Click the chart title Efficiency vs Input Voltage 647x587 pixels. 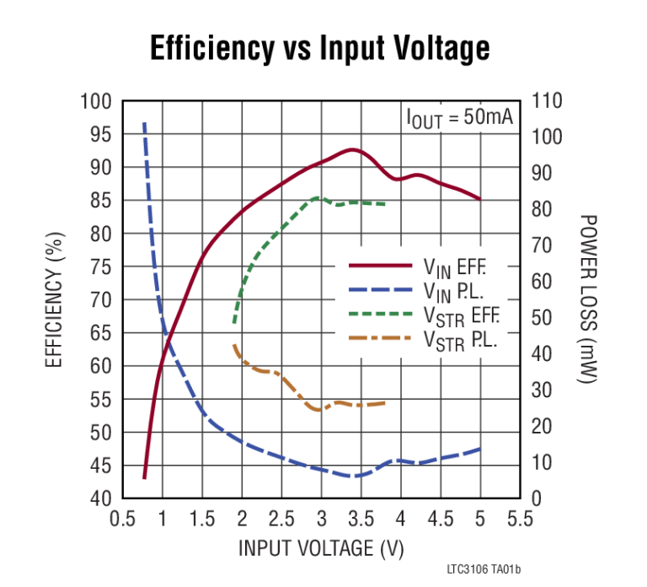click(x=319, y=49)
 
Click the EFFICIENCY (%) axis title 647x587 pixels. click(x=54, y=300)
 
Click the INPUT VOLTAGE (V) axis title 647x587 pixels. click(x=321, y=547)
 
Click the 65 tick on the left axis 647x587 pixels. click(x=100, y=333)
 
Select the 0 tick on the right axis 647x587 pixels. click(x=537, y=498)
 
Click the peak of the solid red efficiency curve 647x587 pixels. click(x=352, y=150)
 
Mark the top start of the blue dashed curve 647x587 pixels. click(x=144, y=124)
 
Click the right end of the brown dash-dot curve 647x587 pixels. click(x=385, y=403)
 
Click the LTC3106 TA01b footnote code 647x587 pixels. click(x=484, y=571)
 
